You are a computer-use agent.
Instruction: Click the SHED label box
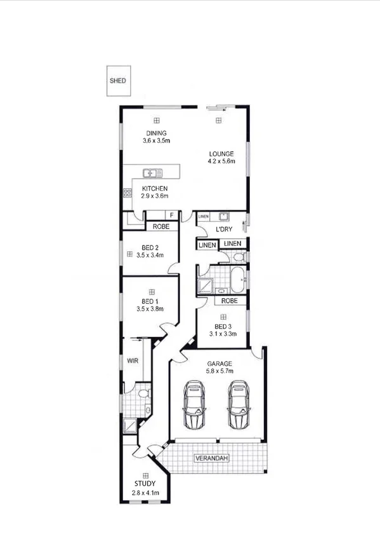[x=117, y=81]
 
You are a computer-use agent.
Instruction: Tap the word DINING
[x=154, y=133]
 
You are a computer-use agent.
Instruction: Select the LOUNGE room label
[x=221, y=153]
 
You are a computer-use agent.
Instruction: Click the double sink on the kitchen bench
[x=152, y=172]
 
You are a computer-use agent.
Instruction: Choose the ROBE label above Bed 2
[x=161, y=226]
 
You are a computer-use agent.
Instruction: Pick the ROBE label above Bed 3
[x=230, y=300]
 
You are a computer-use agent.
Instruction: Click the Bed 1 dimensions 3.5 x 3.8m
[x=150, y=310]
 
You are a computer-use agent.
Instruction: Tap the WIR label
[x=133, y=360]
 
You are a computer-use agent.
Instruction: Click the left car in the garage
[x=195, y=406]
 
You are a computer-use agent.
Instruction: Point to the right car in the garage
[x=239, y=406]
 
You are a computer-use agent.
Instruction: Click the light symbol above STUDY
[x=145, y=475]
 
